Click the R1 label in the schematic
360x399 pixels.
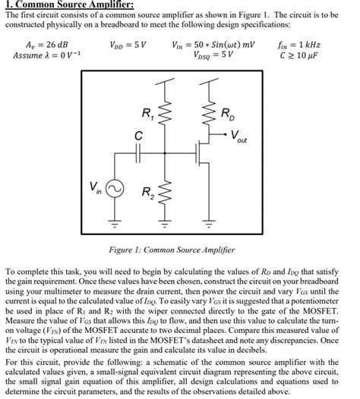coord(147,115)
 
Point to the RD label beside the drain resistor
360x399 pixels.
coord(229,115)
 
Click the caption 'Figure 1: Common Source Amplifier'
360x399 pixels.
coord(180,250)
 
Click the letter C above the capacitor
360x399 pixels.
coord(137,135)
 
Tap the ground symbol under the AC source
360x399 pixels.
coord(116,225)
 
